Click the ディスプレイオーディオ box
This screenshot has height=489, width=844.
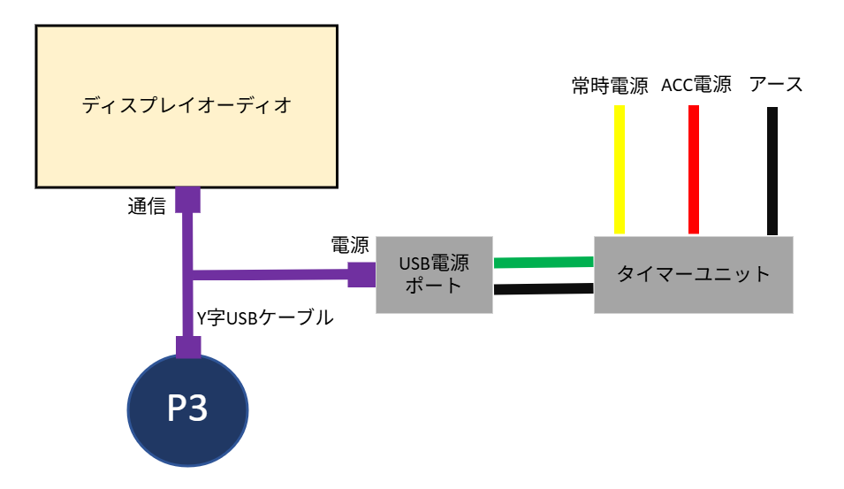pyautogui.click(x=186, y=106)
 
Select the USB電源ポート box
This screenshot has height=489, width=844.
pyautogui.click(x=433, y=274)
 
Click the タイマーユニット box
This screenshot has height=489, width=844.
pyautogui.click(x=693, y=274)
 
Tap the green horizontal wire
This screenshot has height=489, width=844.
pyautogui.click(x=543, y=263)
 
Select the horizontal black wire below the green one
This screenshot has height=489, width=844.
pyautogui.click(x=543, y=288)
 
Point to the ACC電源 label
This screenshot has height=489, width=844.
pyautogui.click(x=696, y=86)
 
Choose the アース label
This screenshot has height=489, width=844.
pyautogui.click(x=776, y=86)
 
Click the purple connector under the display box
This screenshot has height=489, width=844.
pyautogui.click(x=186, y=200)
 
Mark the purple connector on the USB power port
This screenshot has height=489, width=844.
pyautogui.click(x=361, y=274)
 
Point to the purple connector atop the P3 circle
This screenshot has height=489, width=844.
pyautogui.click(x=187, y=347)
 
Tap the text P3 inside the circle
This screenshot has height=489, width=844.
pyautogui.click(x=187, y=409)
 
